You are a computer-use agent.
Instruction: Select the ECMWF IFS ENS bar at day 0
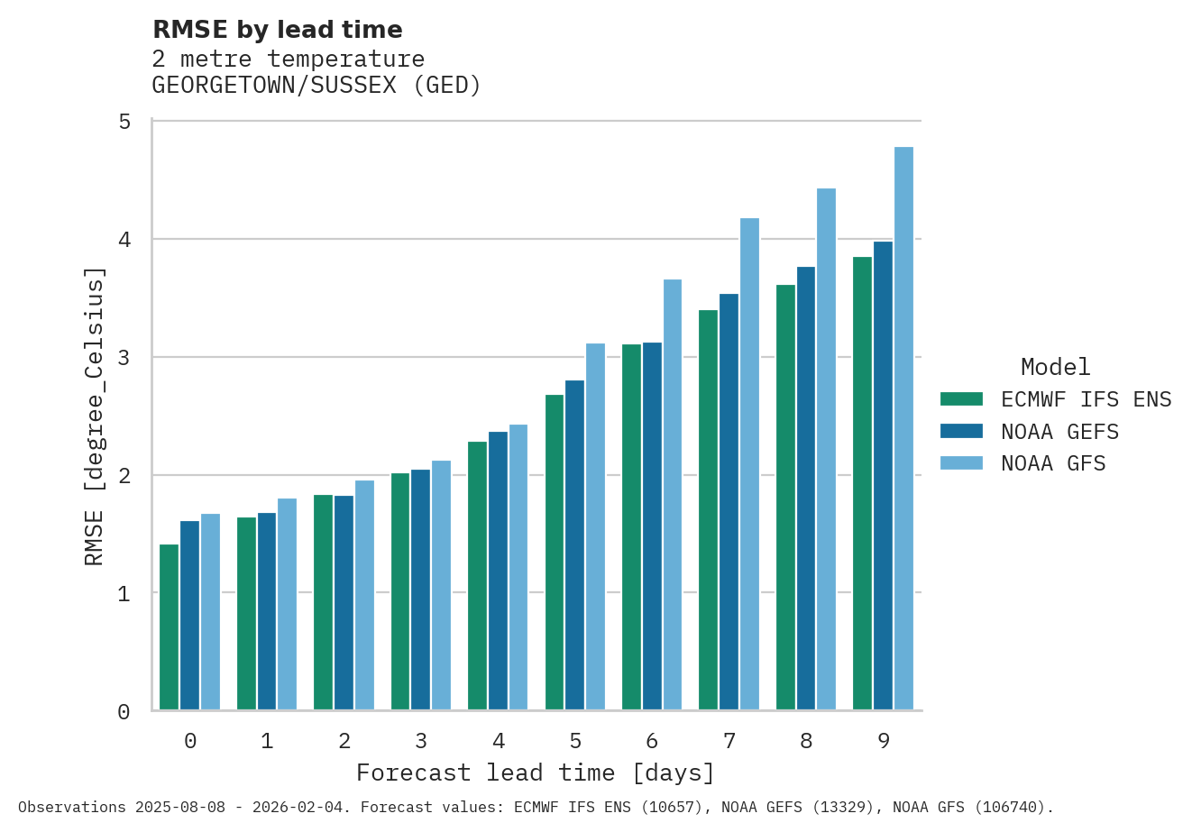click(x=169, y=627)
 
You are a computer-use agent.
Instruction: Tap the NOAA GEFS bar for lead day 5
click(x=574, y=545)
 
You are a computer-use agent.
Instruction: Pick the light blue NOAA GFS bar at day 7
click(x=749, y=464)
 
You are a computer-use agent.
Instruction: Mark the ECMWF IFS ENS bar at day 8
click(x=785, y=498)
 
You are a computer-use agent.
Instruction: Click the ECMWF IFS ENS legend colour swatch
click(x=960, y=399)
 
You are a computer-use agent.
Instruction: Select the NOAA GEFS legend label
click(x=1059, y=432)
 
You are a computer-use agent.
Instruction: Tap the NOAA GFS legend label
click(x=1053, y=463)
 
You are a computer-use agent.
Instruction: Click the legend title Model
click(x=1055, y=367)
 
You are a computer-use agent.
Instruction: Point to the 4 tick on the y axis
click(x=124, y=240)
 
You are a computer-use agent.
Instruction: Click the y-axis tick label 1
click(x=124, y=594)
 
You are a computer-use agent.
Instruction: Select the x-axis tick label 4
click(x=499, y=741)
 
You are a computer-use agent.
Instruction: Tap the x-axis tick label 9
click(x=884, y=741)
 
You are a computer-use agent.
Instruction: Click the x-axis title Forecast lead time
click(x=536, y=773)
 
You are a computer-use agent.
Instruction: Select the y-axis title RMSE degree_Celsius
click(x=95, y=416)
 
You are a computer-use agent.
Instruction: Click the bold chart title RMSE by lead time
click(x=278, y=30)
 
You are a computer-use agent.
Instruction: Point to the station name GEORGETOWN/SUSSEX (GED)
click(x=316, y=86)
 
